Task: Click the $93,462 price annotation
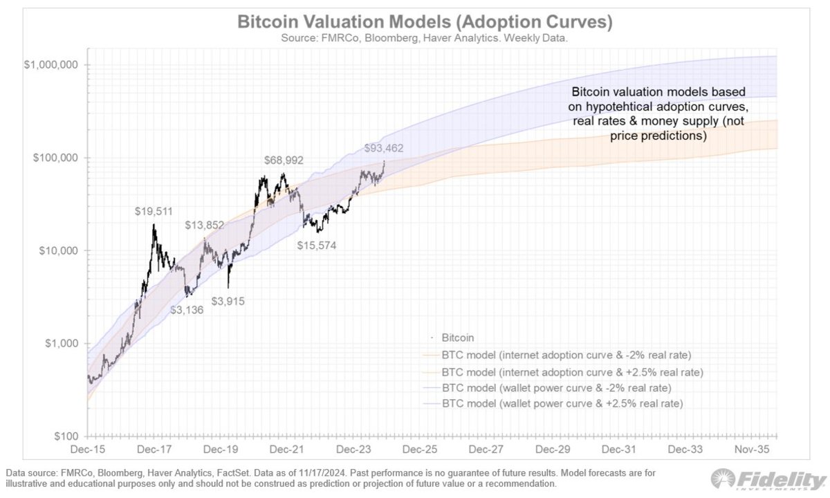pyautogui.click(x=384, y=148)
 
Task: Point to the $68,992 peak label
pyautogui.click(x=293, y=160)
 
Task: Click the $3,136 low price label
pyautogui.click(x=187, y=309)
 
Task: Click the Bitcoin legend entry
pyautogui.click(x=456, y=338)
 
